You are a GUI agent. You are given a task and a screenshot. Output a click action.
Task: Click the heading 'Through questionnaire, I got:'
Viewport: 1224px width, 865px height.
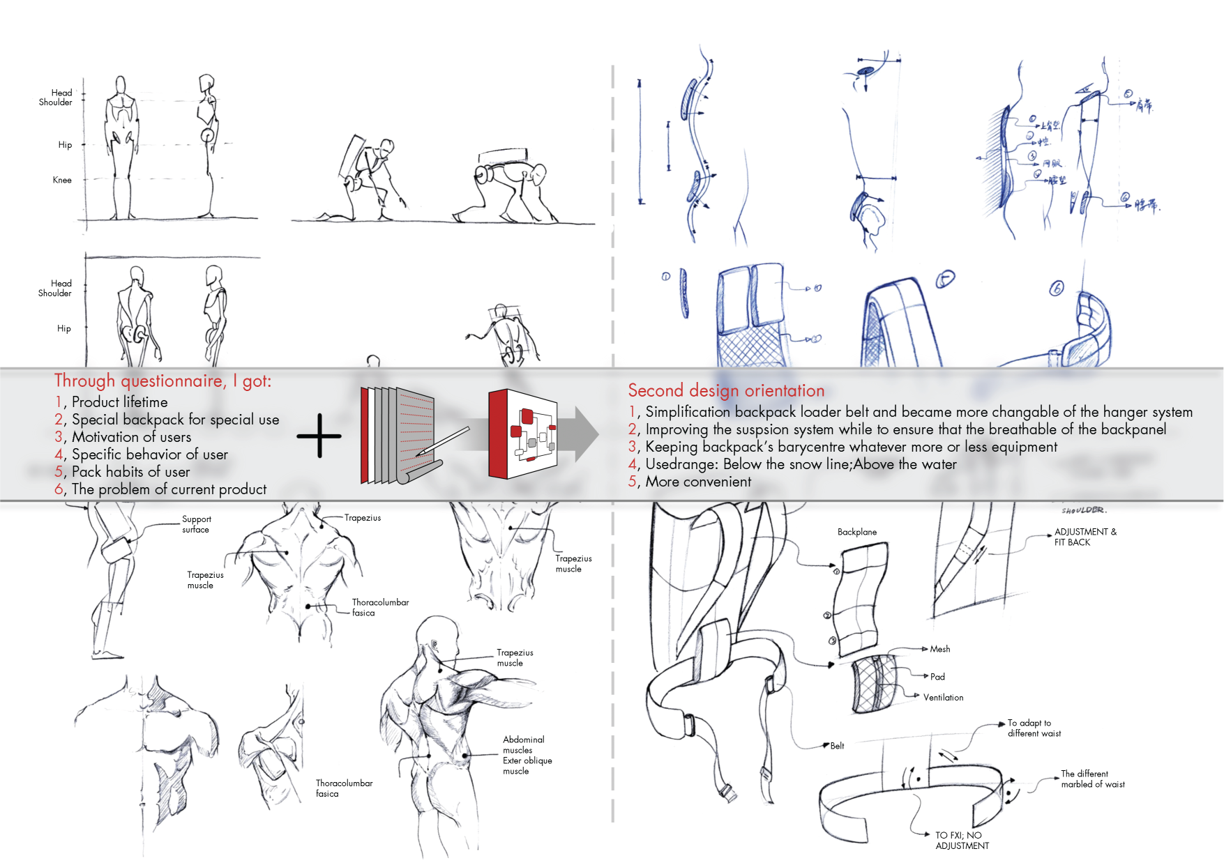click(163, 381)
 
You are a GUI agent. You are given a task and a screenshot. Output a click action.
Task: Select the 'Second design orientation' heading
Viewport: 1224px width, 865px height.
click(725, 390)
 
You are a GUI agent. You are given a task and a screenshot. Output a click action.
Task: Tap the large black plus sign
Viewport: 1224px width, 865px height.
click(319, 436)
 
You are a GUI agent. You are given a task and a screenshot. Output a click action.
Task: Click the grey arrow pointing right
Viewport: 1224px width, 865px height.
click(582, 434)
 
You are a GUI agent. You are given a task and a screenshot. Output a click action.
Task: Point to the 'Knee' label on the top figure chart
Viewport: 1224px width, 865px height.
click(62, 180)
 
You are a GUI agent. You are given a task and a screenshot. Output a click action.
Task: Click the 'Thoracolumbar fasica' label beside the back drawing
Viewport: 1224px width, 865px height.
click(379, 607)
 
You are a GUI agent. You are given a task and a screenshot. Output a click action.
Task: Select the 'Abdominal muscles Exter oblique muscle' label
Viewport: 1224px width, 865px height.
click(527, 755)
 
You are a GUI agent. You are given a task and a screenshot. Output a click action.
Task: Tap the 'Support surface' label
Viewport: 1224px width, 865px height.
click(196, 524)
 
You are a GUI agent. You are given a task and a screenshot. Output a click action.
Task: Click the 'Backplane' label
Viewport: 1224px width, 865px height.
click(856, 532)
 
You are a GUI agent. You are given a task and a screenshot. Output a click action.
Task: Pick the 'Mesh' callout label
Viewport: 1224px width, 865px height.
click(939, 649)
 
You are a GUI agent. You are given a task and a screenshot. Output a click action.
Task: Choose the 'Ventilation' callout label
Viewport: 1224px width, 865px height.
click(943, 697)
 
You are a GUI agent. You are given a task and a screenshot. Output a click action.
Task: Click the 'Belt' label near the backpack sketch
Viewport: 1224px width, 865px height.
click(837, 746)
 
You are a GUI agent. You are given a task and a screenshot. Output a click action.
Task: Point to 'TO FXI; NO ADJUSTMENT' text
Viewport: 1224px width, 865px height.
click(962, 840)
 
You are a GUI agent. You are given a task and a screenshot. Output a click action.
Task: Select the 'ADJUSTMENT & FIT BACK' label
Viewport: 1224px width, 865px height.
click(1085, 537)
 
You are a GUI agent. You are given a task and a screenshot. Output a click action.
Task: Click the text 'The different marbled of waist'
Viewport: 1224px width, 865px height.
click(1092, 779)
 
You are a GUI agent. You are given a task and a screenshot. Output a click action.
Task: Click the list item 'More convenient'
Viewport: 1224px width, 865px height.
click(697, 482)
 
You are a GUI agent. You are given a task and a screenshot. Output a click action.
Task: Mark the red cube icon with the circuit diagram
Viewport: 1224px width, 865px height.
click(523, 434)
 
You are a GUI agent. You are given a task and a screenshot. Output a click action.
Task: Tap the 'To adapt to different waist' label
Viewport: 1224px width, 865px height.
click(1034, 728)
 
